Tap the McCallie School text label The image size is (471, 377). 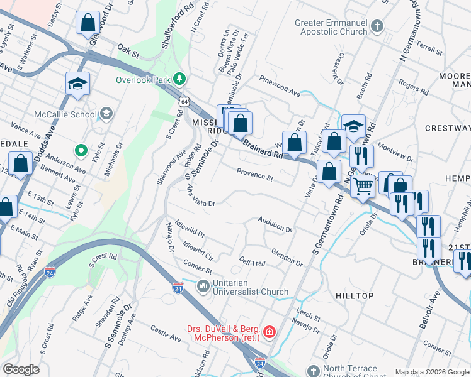65,114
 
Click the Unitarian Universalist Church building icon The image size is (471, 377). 203,287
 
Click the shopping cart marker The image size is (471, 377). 363,186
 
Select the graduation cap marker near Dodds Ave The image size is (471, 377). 77,84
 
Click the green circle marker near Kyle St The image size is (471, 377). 80,150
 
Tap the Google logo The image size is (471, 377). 21,369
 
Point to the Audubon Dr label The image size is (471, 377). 275,224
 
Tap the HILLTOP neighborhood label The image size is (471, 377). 355,295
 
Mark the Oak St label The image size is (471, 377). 128,51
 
